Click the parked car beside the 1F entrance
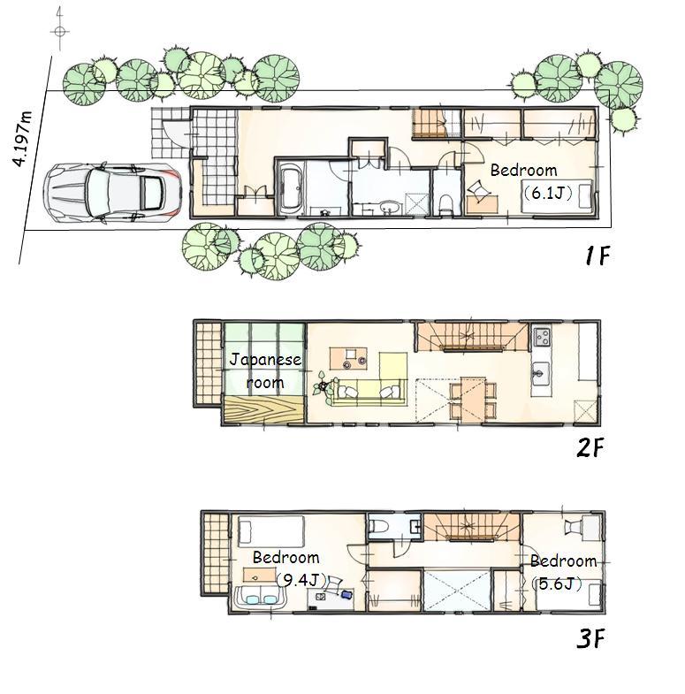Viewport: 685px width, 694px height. [x=112, y=191]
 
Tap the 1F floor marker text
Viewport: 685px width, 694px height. [x=597, y=256]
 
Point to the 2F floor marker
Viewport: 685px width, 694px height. [x=590, y=448]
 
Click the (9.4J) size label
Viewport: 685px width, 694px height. [x=301, y=580]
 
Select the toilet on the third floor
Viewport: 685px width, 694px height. [x=379, y=526]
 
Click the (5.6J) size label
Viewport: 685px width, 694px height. [x=558, y=583]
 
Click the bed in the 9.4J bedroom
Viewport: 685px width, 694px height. [x=270, y=533]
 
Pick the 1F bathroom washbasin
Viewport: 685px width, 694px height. [x=386, y=208]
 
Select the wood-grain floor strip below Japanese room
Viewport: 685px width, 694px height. [x=263, y=413]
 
